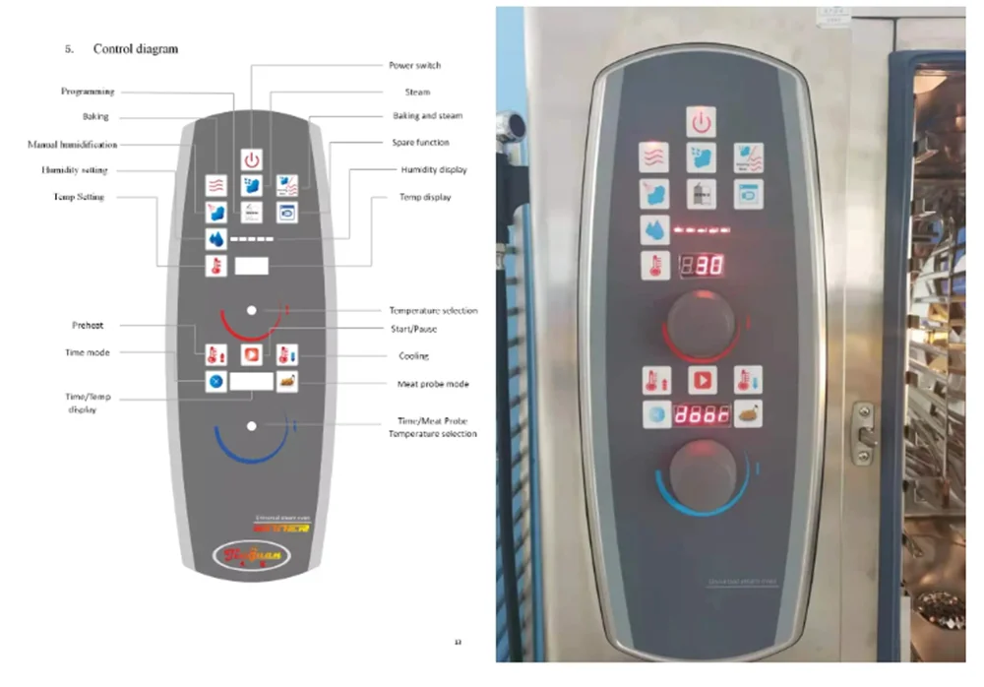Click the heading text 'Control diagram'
[x=136, y=48]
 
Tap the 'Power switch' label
[x=415, y=66]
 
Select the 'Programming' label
[x=88, y=92]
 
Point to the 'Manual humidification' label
[x=72, y=145]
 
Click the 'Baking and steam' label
[x=427, y=116]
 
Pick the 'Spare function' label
[x=420, y=143]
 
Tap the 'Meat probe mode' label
[x=433, y=384]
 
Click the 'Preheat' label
[x=88, y=326]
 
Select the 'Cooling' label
[x=413, y=356]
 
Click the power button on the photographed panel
[x=701, y=122]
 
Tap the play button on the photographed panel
[x=702, y=380]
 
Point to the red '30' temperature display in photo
[x=703, y=265]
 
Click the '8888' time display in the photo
[x=702, y=414]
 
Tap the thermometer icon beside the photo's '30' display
[x=654, y=266]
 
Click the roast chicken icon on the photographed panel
[x=749, y=415]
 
